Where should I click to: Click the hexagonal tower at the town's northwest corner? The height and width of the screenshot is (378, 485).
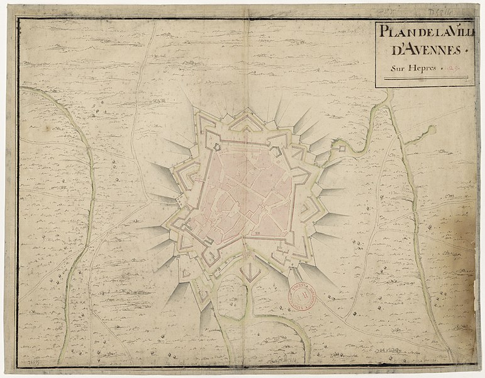(x=216, y=147)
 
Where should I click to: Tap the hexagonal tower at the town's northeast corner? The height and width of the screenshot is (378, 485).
(x=276, y=149)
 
